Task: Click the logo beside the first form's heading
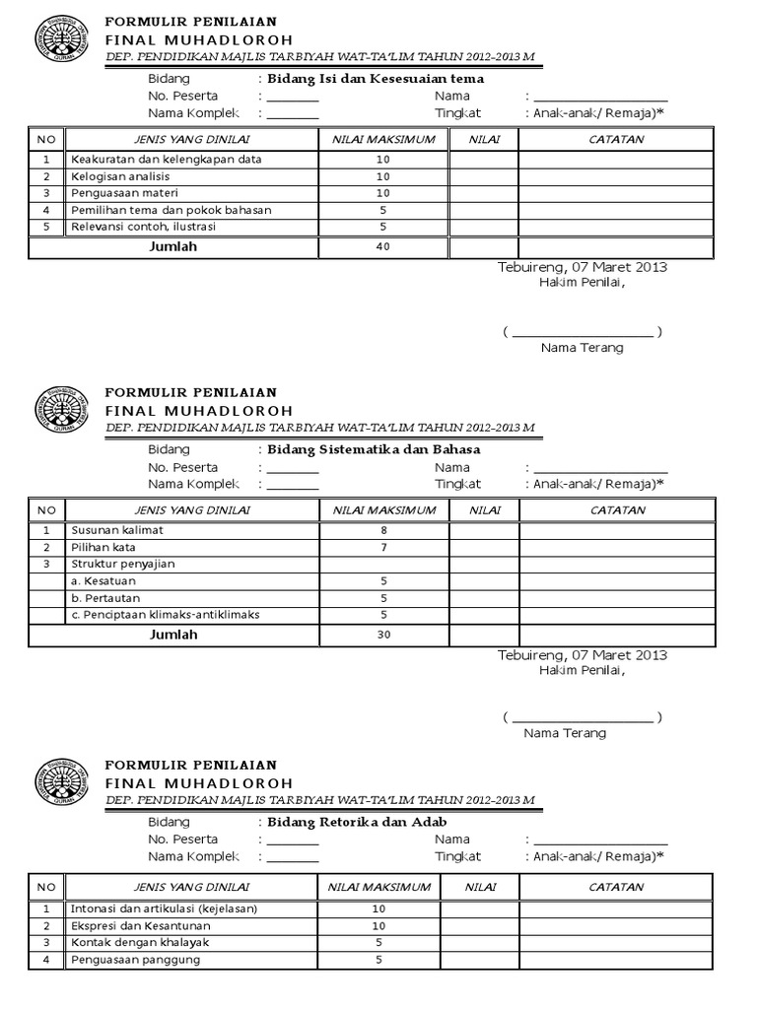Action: pos(62,39)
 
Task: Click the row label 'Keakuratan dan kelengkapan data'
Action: pos(166,159)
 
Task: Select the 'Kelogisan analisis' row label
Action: pos(120,176)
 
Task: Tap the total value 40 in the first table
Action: pos(382,247)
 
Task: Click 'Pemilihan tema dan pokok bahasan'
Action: pos(171,210)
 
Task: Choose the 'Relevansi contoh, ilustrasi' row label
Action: pos(144,227)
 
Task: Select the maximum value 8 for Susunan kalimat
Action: pos(382,530)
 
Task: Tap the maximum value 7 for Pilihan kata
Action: pos(382,547)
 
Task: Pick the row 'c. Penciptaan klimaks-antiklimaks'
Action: pos(165,615)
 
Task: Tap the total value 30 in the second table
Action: pos(382,635)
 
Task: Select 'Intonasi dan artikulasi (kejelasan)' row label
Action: pos(164,908)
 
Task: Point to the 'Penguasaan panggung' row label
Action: pos(135,960)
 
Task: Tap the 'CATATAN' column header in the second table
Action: pos(617,510)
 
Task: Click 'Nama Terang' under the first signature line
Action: pos(582,348)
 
